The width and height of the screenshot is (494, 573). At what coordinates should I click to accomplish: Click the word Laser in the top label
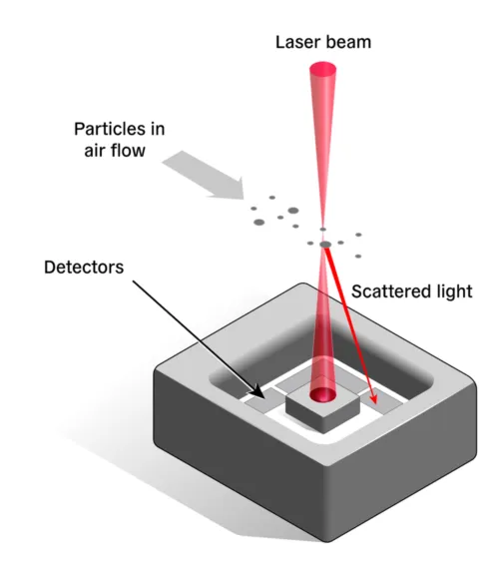click(x=297, y=42)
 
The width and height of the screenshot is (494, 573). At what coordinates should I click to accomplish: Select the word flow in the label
click(x=129, y=150)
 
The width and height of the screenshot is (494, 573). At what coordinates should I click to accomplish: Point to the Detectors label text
click(x=84, y=268)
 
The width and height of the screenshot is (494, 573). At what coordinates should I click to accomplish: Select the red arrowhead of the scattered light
click(x=373, y=397)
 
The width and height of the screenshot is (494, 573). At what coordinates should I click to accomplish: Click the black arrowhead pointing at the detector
click(x=257, y=391)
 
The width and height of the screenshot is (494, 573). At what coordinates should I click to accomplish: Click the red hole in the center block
click(x=322, y=394)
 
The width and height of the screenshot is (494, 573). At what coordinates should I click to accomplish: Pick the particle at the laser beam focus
click(x=325, y=245)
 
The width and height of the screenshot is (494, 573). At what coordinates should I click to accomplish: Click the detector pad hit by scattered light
click(x=382, y=402)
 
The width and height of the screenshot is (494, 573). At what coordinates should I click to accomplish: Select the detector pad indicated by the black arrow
click(x=263, y=401)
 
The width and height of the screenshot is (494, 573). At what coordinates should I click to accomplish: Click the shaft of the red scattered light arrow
click(x=349, y=320)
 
